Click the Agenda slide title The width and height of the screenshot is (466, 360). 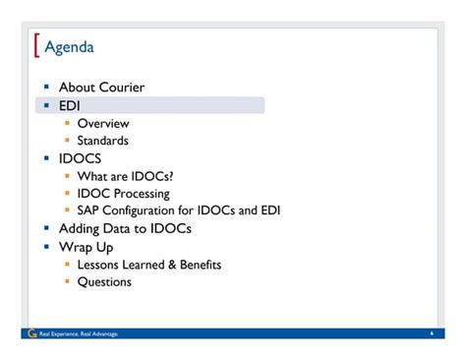(70, 48)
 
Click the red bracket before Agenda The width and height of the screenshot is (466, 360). (36, 46)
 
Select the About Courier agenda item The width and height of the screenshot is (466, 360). (101, 88)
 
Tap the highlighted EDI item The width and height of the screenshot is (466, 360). (70, 105)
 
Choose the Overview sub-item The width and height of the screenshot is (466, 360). (103, 123)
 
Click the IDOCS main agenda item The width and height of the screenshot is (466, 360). (80, 158)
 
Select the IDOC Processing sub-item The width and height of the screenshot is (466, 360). (123, 194)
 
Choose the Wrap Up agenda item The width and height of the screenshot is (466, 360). (87, 246)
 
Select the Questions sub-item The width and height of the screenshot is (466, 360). (104, 282)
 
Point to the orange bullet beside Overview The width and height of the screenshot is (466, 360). (67, 123)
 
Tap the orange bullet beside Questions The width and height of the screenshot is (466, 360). (67, 282)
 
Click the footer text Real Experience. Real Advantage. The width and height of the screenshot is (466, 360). (78, 334)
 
